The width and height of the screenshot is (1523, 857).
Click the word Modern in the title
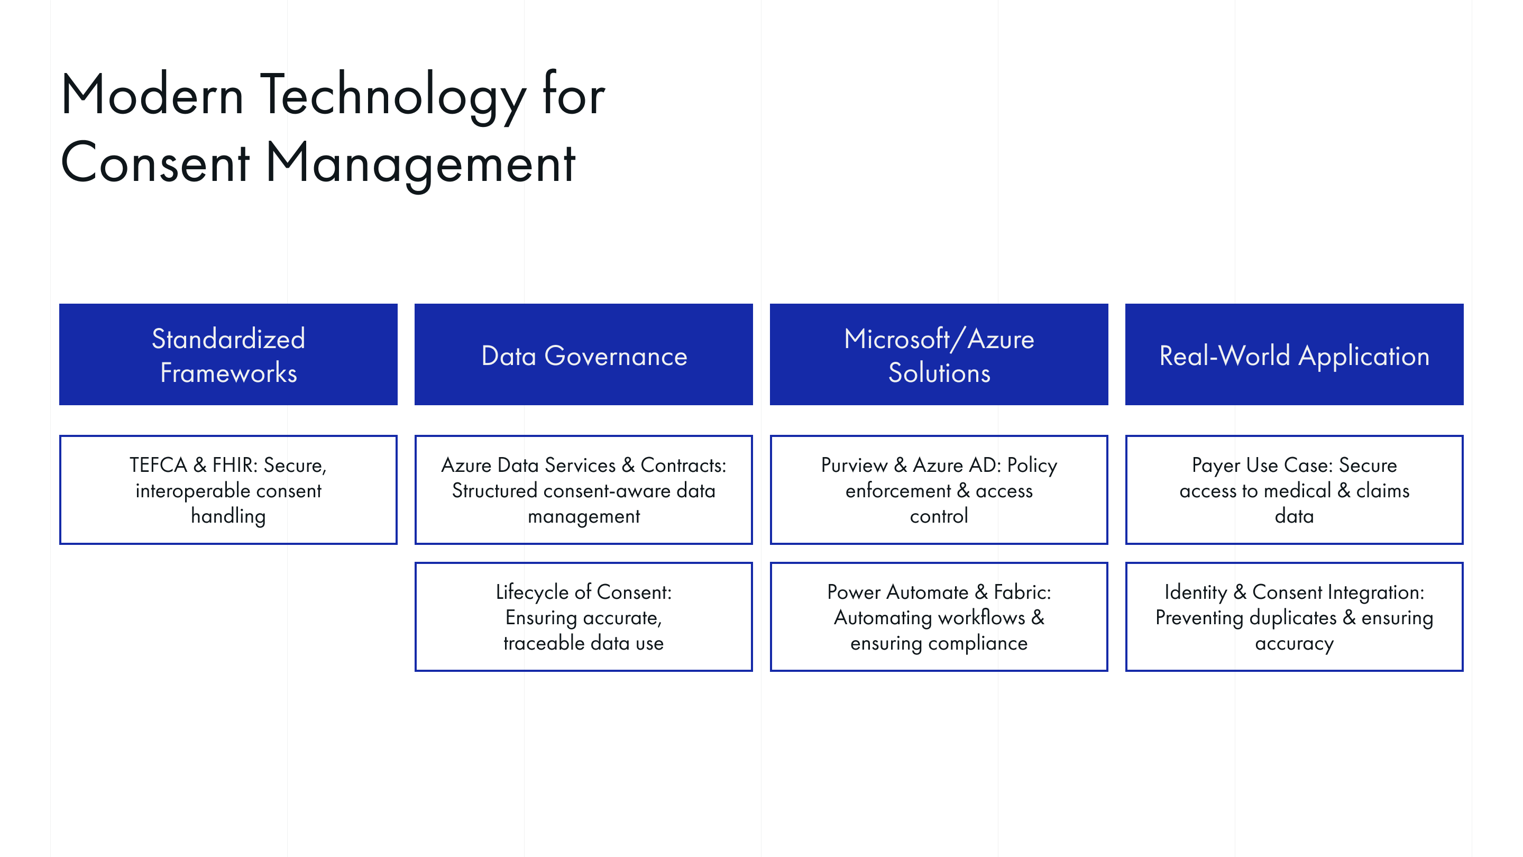[152, 95]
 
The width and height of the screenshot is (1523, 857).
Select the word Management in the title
[420, 162]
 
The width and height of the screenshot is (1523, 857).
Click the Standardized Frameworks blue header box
[228, 355]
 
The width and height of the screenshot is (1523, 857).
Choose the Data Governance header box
[583, 355]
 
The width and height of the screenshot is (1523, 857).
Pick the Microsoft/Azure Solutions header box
[939, 355]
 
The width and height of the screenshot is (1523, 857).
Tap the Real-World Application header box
[1294, 355]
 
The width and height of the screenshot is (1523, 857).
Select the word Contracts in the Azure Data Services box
[683, 466]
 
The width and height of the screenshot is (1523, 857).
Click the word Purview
[854, 466]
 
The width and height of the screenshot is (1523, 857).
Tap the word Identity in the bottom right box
[1196, 592]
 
